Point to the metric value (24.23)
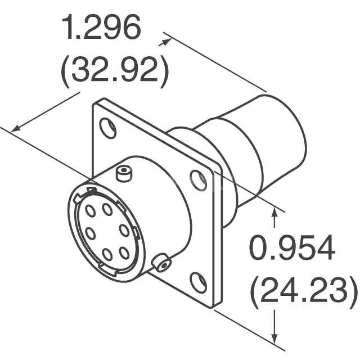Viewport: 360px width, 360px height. (303, 291)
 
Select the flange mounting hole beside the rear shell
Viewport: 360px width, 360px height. (198, 179)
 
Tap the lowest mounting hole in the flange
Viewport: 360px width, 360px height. (197, 281)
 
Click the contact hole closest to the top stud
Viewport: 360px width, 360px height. (107, 210)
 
